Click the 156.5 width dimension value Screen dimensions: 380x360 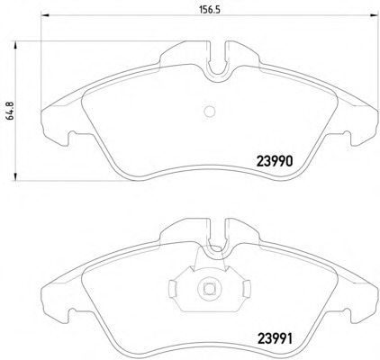(210, 10)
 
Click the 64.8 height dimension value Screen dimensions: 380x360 (10, 112)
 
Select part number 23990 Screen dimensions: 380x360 (274, 161)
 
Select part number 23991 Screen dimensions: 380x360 (274, 339)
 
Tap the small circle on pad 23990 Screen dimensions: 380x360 (210, 112)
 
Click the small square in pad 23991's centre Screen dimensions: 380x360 (209, 289)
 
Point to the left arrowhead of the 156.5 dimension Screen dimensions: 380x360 (44, 15)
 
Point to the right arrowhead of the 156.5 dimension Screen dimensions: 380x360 (374, 15)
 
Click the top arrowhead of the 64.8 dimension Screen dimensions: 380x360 (14, 45)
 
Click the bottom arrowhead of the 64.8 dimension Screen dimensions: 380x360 (14, 176)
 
